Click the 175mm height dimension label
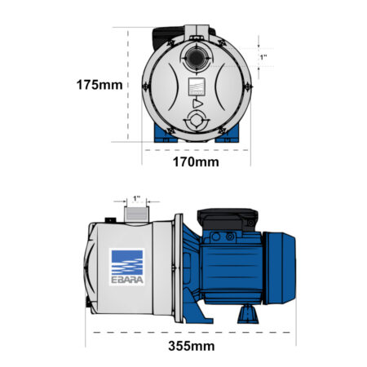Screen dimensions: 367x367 click(x=99, y=85)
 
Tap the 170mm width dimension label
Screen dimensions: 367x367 click(x=196, y=162)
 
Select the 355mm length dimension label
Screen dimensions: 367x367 click(x=192, y=346)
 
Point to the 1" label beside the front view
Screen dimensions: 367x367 click(x=263, y=57)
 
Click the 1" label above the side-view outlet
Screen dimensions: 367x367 click(x=136, y=198)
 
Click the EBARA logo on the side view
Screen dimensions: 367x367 click(x=127, y=267)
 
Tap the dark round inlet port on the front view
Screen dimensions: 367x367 click(x=196, y=58)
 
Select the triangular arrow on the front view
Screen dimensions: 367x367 click(x=197, y=104)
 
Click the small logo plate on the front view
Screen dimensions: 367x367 click(x=197, y=86)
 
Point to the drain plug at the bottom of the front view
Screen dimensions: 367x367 click(x=196, y=121)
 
